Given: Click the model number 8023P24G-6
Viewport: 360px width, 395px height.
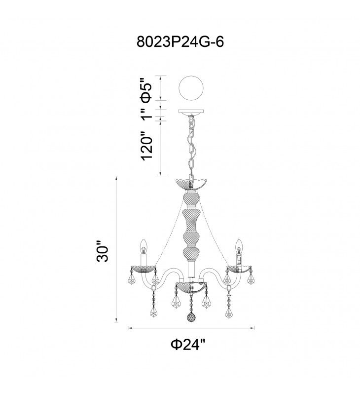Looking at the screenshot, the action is (180, 42).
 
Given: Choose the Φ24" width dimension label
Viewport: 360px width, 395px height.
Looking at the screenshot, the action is (188, 344).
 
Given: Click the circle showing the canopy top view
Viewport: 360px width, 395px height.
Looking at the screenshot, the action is (191, 88).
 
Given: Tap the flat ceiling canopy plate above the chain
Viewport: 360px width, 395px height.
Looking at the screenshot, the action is (191, 111).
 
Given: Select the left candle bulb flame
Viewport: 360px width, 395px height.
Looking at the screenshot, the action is (144, 246).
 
